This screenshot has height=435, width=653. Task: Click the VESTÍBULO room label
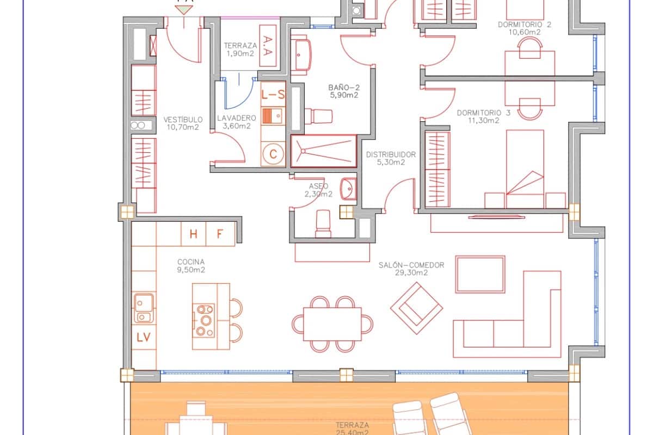pos(183,120)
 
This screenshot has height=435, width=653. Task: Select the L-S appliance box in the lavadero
pos(273,95)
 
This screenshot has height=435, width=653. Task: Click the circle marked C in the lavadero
pos(273,154)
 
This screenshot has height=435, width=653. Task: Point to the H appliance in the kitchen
pos(193,234)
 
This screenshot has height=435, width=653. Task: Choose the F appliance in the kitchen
pos(220,234)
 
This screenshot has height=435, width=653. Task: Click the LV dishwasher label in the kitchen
pos(144,337)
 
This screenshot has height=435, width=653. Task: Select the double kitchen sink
pos(144,308)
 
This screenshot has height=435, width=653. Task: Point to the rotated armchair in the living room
pos(416,308)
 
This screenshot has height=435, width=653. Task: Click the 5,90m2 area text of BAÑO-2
pos(343,95)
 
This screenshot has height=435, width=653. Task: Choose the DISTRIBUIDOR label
pos(391,154)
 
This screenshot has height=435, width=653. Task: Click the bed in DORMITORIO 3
pos(525,169)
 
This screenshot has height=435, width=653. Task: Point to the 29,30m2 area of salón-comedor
pos(411,273)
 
